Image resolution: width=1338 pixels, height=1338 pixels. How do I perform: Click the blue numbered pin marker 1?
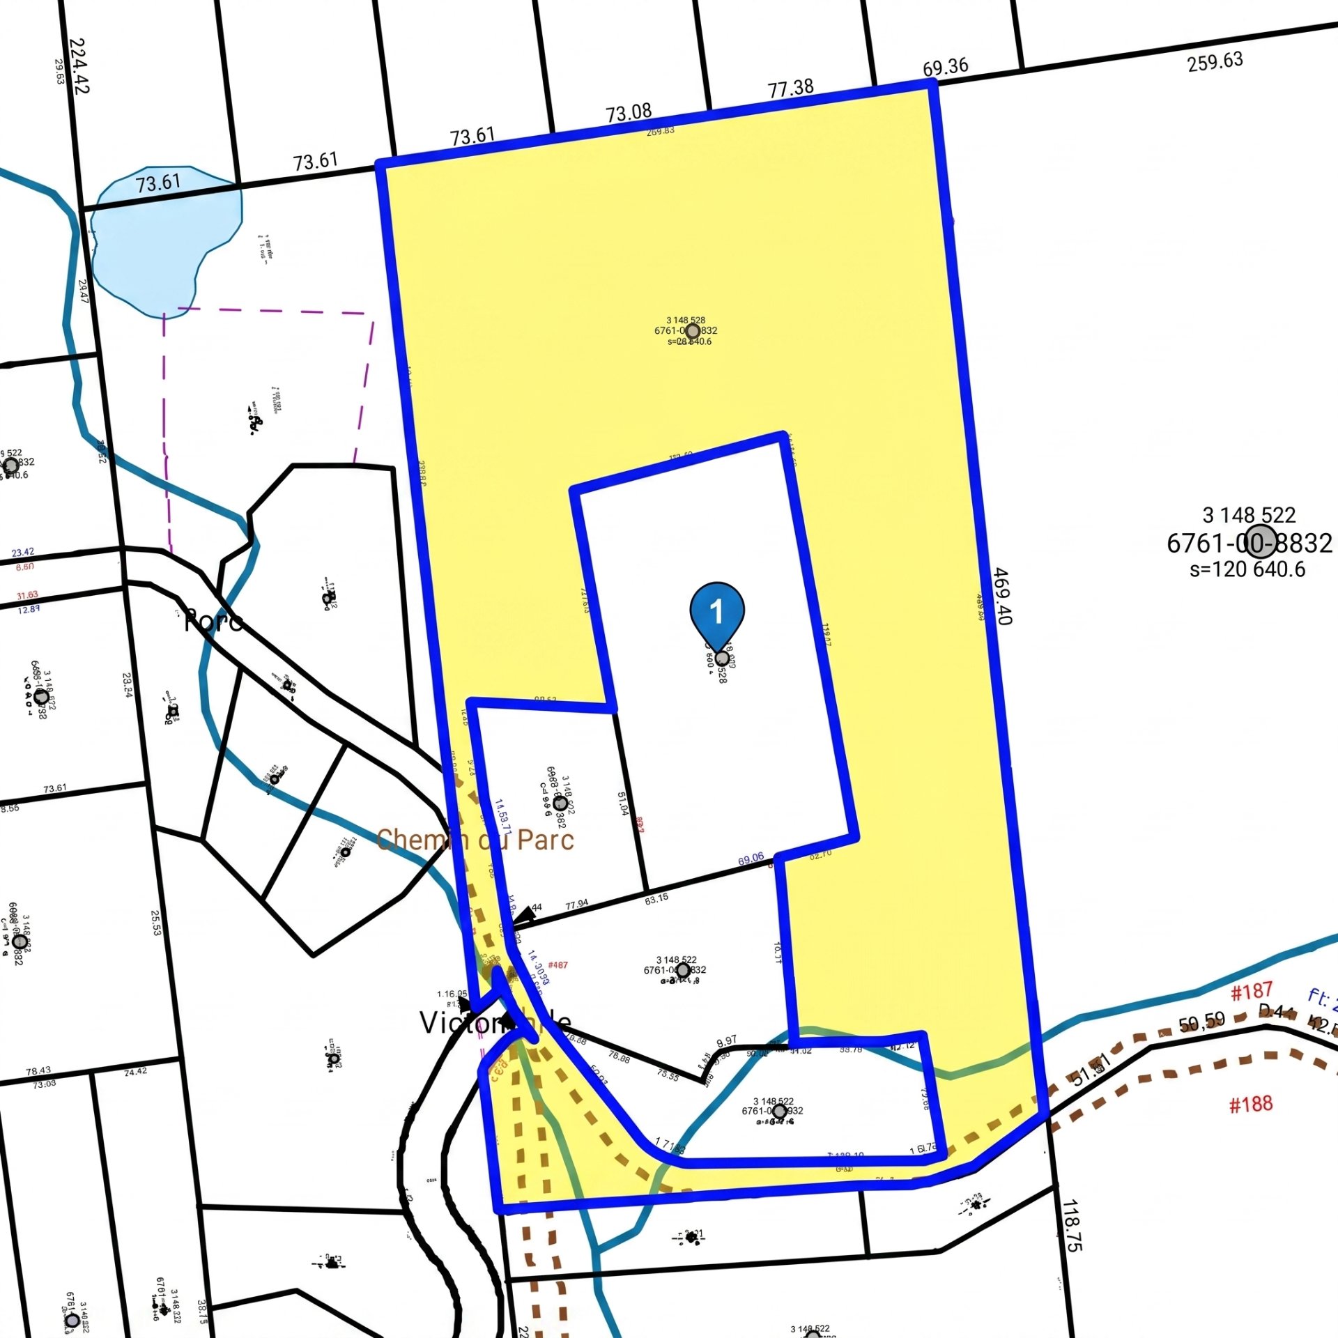pos(717,611)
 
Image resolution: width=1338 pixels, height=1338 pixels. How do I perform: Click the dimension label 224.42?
pos(79,66)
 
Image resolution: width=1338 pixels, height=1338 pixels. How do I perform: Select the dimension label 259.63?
pos(1215,62)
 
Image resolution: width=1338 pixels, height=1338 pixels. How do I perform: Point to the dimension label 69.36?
pos(945,68)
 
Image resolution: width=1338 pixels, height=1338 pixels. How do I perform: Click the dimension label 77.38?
pos(790,89)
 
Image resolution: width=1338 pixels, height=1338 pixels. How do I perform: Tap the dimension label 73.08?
pos(629,112)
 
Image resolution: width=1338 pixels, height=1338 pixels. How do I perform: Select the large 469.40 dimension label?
pos(1001,597)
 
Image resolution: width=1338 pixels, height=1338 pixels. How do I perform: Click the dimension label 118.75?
pos(1072,1225)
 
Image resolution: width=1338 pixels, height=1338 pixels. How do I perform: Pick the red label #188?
pos(1250,1104)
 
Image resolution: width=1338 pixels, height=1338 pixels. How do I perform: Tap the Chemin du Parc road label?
pos(475,840)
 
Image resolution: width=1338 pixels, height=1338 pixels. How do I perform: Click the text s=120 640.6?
pos(1247,569)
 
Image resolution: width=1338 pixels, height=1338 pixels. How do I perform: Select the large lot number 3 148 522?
pos(1249,516)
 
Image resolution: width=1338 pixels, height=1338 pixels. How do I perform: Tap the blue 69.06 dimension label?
pos(751,859)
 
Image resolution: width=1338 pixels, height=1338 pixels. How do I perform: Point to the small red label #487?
pos(557,965)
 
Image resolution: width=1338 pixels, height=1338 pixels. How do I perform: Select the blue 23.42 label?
pos(22,553)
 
